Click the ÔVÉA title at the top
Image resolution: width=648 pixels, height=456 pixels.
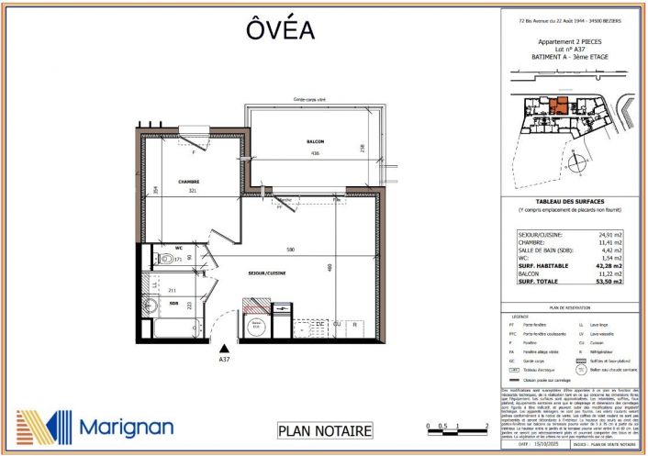pos(281,29)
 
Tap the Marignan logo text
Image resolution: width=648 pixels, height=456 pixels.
pos(126,427)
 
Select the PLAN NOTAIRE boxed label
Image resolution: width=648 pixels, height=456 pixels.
pos(325,430)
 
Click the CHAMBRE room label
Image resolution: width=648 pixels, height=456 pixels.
pos(189,182)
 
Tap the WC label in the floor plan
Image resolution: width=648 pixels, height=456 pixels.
pos(182,247)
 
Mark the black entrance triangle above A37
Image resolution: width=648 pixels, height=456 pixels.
pos(223,348)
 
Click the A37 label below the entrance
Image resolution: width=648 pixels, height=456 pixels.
pos(223,360)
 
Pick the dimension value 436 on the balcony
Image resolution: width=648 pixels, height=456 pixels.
pos(315,152)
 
